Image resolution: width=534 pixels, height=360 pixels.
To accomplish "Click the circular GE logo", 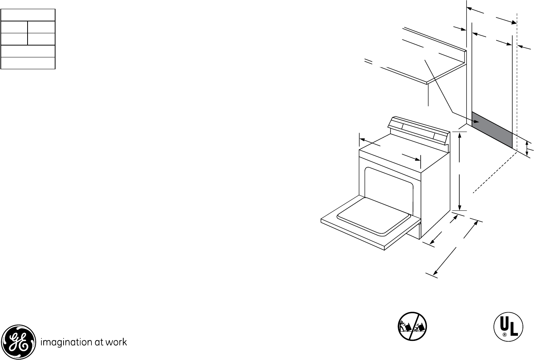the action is coord(18,342).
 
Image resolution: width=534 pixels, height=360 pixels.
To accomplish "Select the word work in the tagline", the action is coord(117,342).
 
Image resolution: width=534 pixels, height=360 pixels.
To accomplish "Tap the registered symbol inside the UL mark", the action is coord(505,335).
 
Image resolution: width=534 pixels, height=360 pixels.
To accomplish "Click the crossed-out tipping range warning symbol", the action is coord(412,326).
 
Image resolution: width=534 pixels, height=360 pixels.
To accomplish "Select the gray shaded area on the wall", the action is coord(492,130).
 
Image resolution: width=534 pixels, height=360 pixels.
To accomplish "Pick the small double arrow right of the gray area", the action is coord(527,147).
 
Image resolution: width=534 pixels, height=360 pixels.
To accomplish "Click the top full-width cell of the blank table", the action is coord(28,15).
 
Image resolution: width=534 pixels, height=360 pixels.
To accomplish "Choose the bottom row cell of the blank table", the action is coord(28,63).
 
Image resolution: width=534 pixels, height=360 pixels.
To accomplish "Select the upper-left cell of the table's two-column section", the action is coord(15,28).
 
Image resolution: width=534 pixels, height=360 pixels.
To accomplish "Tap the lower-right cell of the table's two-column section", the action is coord(41,39).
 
